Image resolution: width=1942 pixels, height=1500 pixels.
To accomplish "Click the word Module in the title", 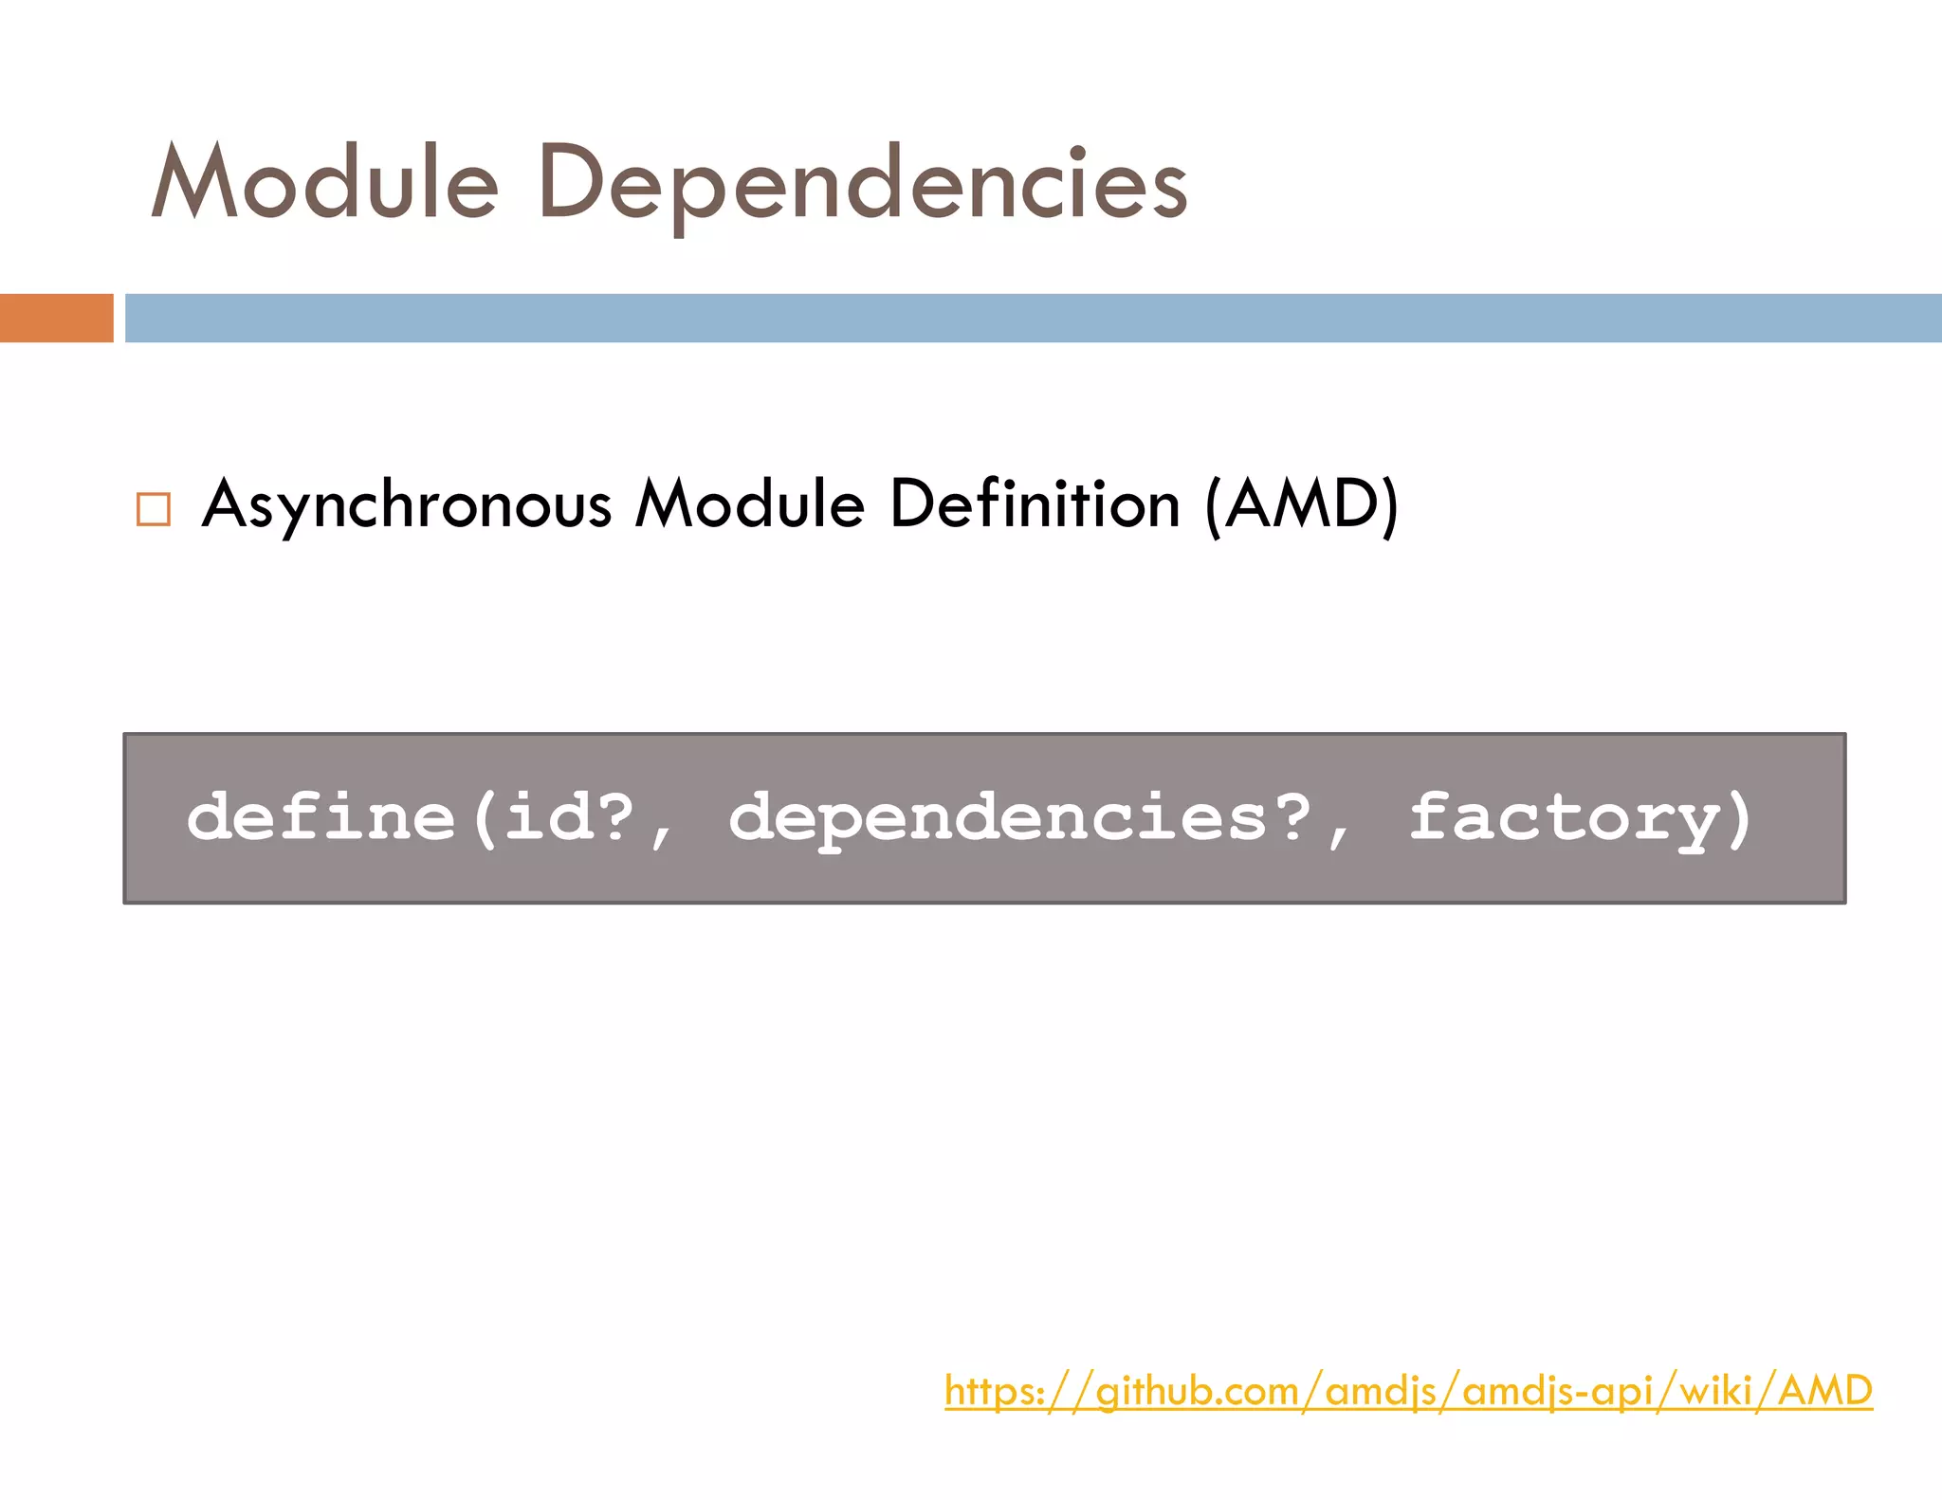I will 324,182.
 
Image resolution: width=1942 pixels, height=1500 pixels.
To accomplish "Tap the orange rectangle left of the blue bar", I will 56,318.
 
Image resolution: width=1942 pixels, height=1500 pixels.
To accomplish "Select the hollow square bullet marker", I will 154,509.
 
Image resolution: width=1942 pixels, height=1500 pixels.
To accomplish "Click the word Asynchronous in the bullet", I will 407,504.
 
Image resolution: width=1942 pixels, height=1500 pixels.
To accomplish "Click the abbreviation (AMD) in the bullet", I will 1302,504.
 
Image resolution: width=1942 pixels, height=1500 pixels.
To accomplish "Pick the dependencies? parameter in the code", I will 1019,817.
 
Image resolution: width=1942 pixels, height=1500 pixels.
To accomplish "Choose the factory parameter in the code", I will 1565,817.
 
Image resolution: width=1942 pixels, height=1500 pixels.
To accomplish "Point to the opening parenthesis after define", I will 485,817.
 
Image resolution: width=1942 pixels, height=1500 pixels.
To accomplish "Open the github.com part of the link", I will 1197,1391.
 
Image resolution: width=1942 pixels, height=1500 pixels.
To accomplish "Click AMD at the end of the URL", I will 1824,1391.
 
